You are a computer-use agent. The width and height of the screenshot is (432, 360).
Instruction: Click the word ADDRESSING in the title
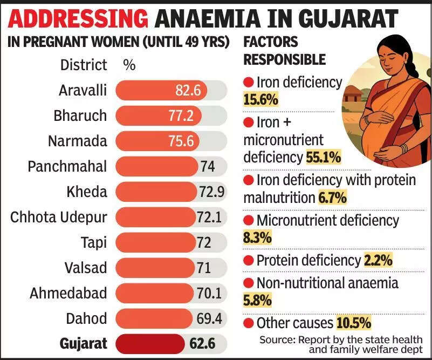click(79, 19)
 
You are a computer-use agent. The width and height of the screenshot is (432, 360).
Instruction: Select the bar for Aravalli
click(162, 90)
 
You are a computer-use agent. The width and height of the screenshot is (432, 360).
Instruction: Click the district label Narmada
click(77, 141)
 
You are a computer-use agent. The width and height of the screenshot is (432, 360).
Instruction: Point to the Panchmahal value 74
click(208, 167)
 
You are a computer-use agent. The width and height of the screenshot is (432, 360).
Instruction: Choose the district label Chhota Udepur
click(59, 218)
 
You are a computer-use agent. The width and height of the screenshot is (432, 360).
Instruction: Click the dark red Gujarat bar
click(150, 343)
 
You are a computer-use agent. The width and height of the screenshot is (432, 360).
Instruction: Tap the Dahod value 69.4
click(209, 318)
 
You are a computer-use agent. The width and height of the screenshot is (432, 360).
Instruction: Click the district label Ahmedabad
click(68, 294)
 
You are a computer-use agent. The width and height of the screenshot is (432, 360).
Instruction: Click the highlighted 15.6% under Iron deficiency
click(260, 99)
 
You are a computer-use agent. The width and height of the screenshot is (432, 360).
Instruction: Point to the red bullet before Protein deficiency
click(249, 261)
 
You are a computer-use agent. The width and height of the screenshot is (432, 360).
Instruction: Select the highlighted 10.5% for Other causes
click(354, 323)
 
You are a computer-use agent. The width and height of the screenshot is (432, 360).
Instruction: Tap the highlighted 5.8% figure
click(257, 300)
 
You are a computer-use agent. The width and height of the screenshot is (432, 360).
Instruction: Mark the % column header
click(129, 65)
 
